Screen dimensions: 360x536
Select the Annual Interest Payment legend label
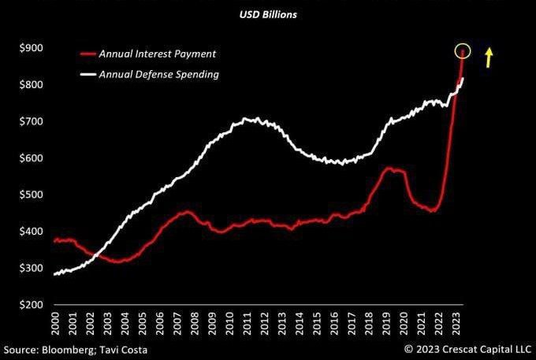point(158,54)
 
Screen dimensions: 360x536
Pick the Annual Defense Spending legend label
point(159,74)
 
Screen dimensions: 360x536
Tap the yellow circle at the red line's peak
point(463,51)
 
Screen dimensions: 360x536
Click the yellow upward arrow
point(489,57)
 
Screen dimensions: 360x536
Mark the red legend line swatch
point(87,54)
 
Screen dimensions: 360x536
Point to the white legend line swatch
point(87,74)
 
